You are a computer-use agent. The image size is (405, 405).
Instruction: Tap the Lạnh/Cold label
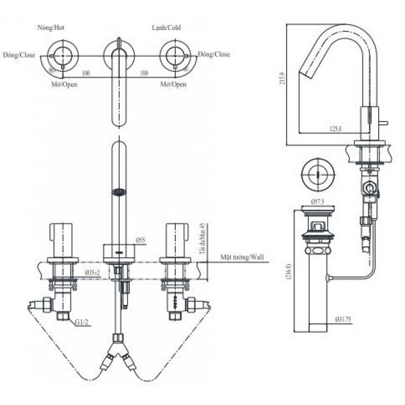coord(166,27)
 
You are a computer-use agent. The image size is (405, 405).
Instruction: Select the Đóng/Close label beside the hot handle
coord(19,55)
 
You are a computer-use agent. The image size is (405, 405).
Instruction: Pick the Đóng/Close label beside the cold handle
coord(214,55)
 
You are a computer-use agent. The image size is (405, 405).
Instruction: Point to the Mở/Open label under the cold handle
coord(173,85)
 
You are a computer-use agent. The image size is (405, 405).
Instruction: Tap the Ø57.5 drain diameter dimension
coord(319,202)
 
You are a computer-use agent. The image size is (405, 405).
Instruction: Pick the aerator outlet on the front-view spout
coord(119,192)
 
